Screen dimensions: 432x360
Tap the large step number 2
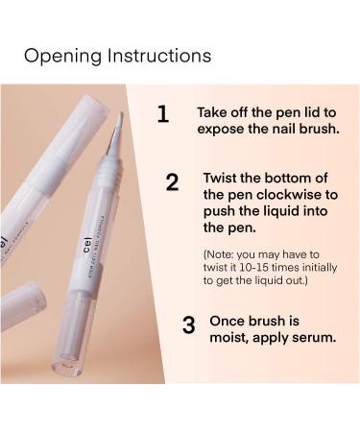point(172,182)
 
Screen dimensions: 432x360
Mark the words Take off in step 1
point(227,111)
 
